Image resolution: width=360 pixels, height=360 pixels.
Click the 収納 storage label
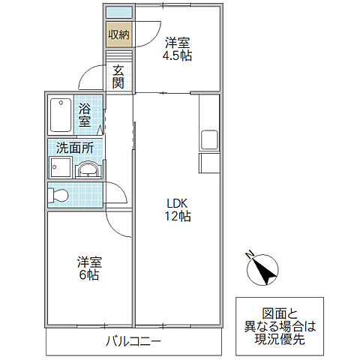(117, 34)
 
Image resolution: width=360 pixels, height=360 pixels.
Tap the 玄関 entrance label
(118, 76)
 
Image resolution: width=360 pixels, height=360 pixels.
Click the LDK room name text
(178, 202)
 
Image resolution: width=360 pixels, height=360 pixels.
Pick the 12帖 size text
(178, 217)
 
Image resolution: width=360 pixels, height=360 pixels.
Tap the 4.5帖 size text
(178, 55)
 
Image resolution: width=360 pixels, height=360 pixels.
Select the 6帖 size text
(88, 275)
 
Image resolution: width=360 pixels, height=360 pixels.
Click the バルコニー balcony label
(133, 342)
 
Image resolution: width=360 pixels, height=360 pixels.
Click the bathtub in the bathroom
(61, 114)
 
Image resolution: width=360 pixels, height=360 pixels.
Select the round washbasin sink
(88, 169)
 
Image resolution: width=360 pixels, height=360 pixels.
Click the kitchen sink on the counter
(208, 139)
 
